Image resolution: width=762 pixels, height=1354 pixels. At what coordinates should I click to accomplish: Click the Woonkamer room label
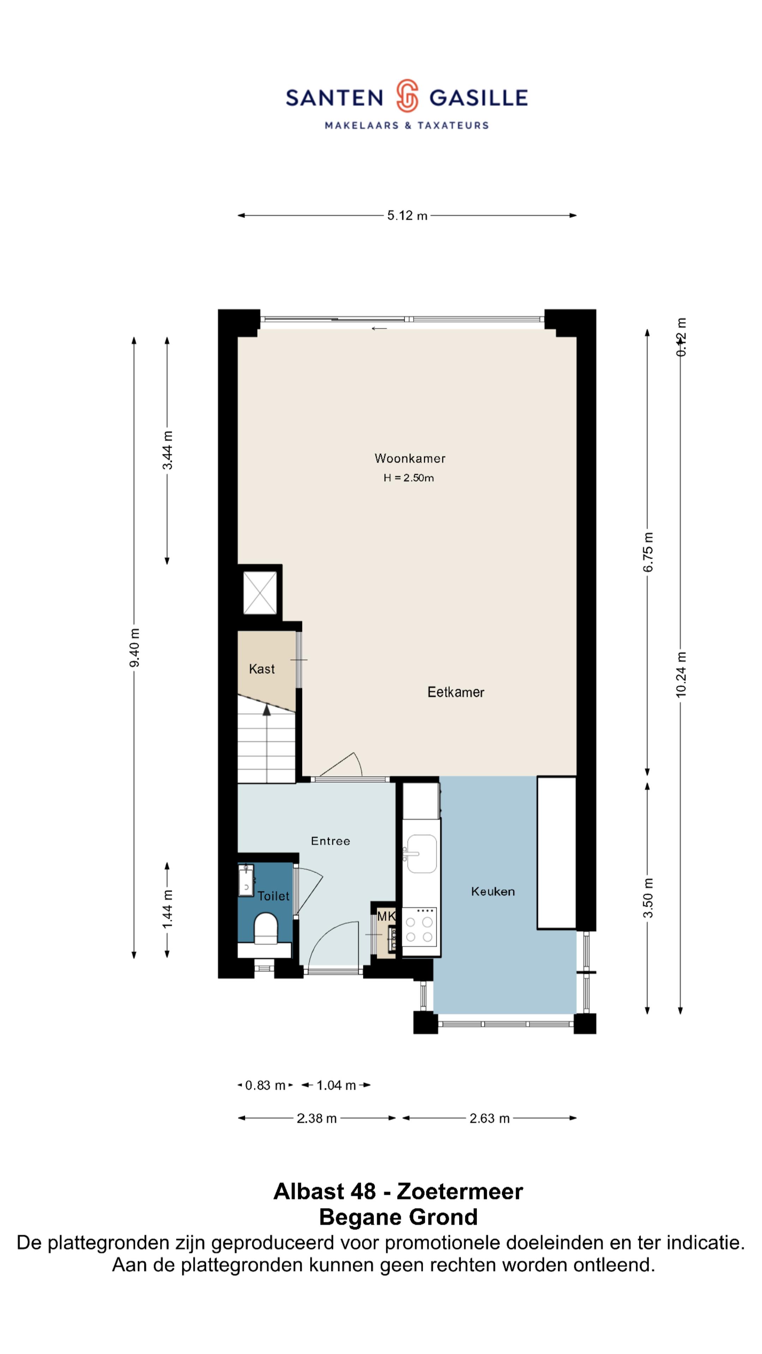pos(410,458)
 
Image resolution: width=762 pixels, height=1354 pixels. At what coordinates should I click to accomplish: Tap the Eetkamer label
pos(455,692)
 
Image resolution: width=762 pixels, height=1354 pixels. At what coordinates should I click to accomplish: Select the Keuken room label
pos(493,891)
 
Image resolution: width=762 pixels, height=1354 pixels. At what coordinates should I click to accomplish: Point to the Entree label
pos(330,841)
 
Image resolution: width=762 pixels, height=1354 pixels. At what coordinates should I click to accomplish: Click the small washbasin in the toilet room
pos(246,880)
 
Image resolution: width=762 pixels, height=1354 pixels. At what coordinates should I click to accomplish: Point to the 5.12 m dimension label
pos(407,215)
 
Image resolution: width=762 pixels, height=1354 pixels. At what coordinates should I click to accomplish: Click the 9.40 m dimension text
pos(135,648)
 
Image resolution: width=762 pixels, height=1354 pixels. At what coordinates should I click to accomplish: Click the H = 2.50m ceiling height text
pos(409,478)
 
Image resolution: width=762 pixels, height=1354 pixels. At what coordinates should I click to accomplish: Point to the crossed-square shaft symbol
pos(260,592)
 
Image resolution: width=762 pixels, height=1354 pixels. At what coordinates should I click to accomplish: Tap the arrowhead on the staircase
pos(267,710)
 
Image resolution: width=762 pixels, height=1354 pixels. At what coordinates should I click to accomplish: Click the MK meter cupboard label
pos(386,916)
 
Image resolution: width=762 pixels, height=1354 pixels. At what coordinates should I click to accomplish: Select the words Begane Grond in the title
pos(398,1217)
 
